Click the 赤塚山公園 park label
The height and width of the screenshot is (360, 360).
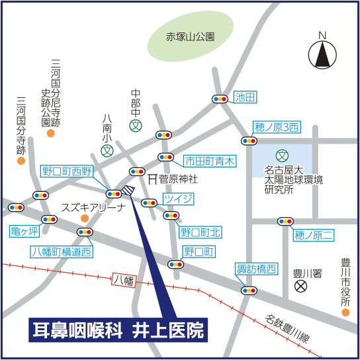pos(191,38)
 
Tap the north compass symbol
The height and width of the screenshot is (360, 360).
pos(322,54)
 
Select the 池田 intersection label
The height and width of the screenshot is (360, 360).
pos(245,98)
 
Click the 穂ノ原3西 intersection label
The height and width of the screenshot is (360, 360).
pos(277,126)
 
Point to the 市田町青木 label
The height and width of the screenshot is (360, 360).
pos(209,160)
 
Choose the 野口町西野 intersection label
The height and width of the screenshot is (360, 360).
pos(67,171)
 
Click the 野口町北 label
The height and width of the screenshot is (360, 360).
pos(201,232)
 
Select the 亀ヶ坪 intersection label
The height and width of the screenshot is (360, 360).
pos(24,232)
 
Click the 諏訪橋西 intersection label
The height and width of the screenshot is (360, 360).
pos(257,269)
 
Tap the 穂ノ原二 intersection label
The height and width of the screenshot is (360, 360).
pos(314,235)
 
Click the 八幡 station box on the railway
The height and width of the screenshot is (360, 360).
pos(124,280)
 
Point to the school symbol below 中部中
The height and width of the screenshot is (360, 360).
pos(136,125)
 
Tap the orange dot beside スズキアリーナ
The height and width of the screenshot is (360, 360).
pos(84,218)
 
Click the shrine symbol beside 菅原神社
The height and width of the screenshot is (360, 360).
pos(152,179)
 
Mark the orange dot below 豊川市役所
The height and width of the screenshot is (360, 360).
pos(345,312)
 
